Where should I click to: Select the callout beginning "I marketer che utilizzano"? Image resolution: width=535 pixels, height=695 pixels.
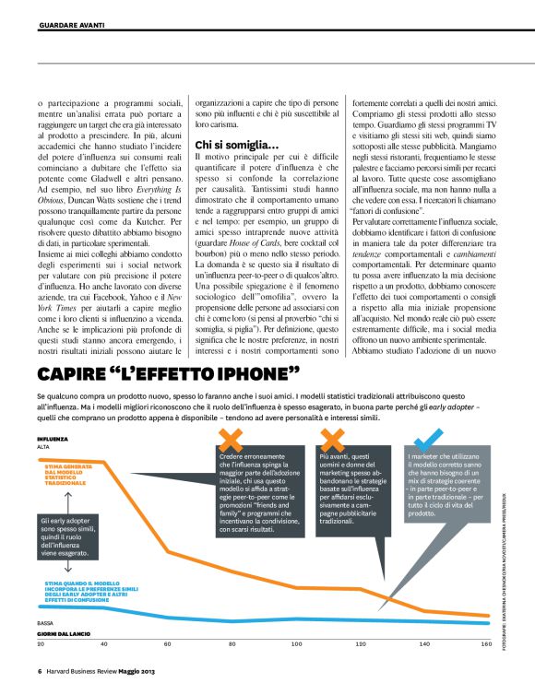click(x=442, y=486)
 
